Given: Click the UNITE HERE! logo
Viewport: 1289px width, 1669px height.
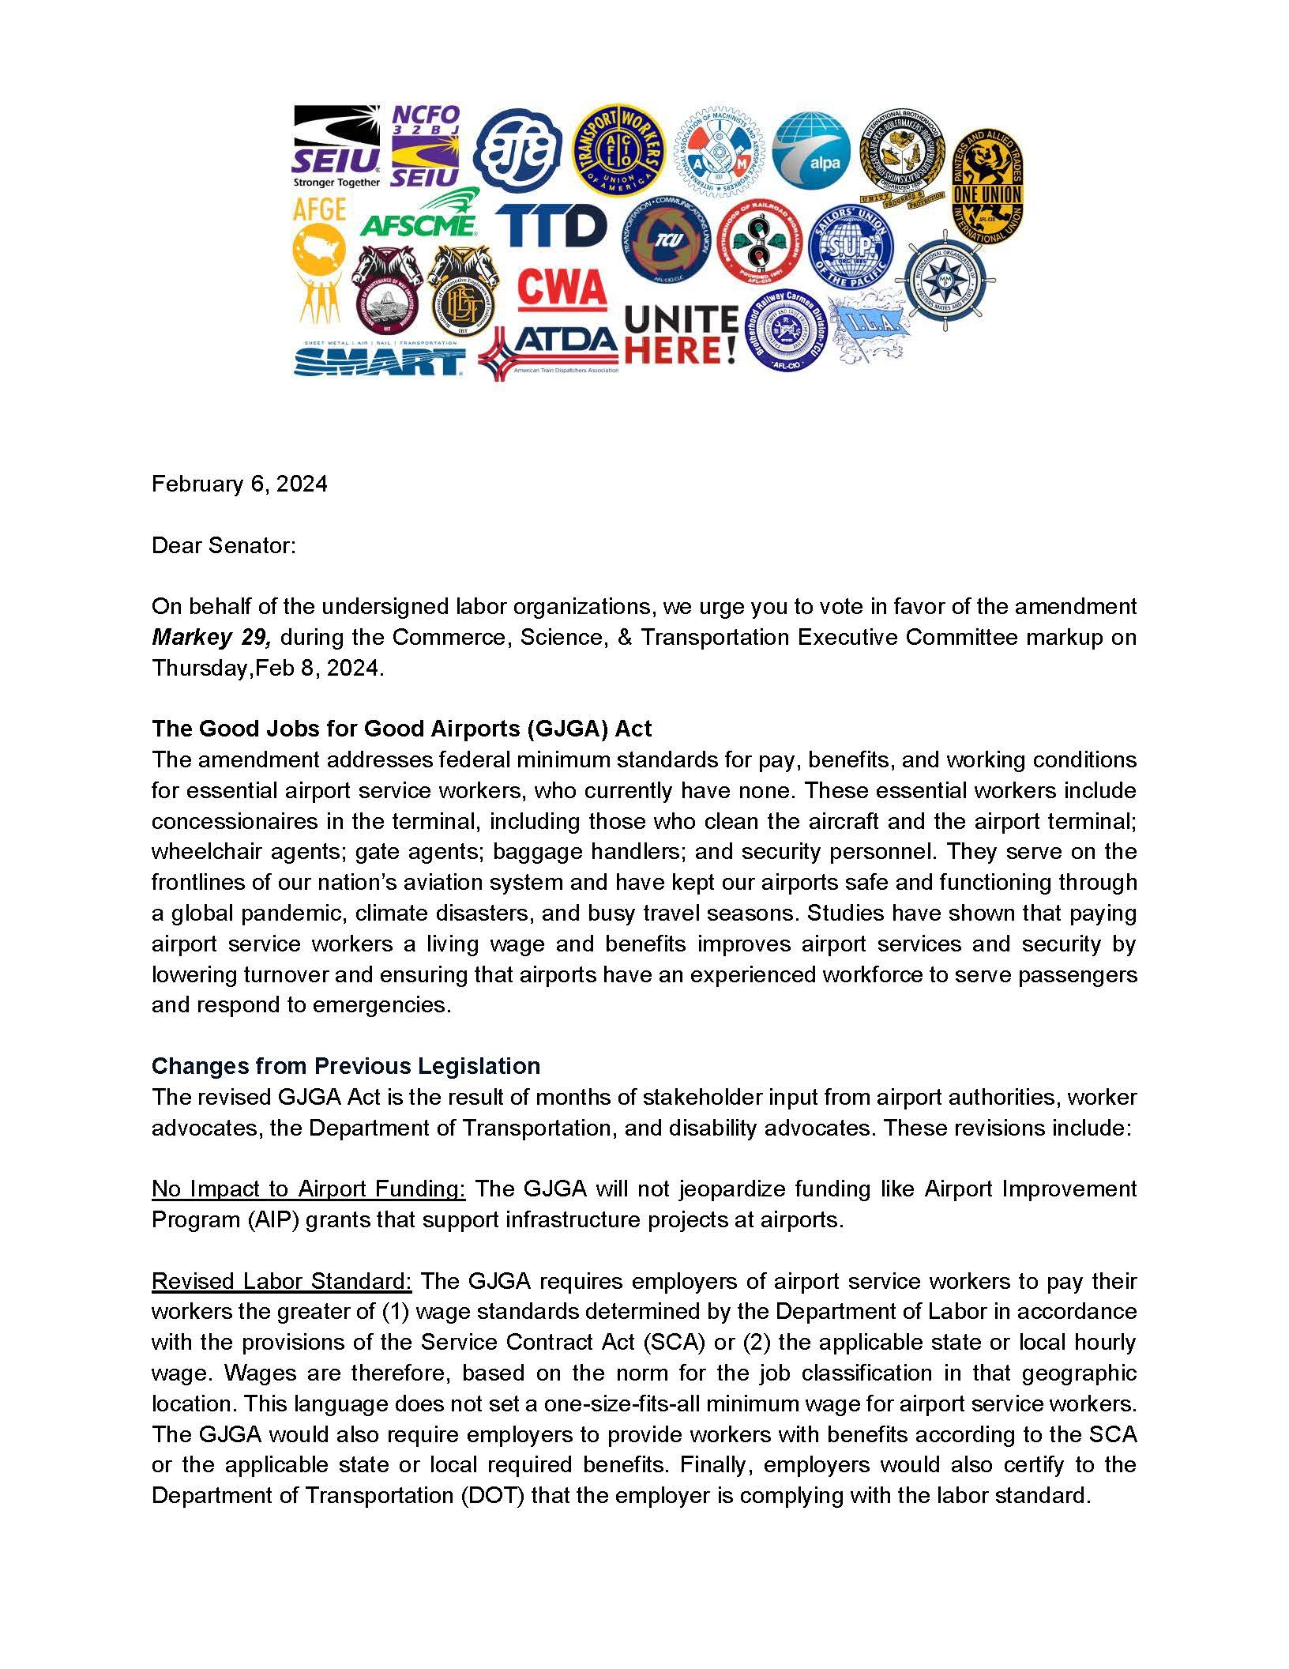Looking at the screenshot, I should click(682, 335).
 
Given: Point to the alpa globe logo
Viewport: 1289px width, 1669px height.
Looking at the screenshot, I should click(811, 152).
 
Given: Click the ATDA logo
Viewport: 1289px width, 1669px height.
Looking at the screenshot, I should click(548, 348).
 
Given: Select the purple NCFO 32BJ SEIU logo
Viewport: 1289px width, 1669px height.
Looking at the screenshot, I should click(425, 147).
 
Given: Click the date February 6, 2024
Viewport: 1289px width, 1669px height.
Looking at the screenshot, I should click(239, 484).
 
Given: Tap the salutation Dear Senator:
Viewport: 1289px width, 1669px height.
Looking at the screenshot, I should click(224, 545).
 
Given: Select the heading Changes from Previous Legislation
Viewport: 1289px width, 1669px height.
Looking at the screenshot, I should click(345, 1066).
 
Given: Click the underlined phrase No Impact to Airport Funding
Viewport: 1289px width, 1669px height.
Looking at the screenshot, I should click(308, 1189).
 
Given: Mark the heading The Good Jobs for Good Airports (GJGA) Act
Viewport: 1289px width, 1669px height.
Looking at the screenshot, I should click(401, 728).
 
